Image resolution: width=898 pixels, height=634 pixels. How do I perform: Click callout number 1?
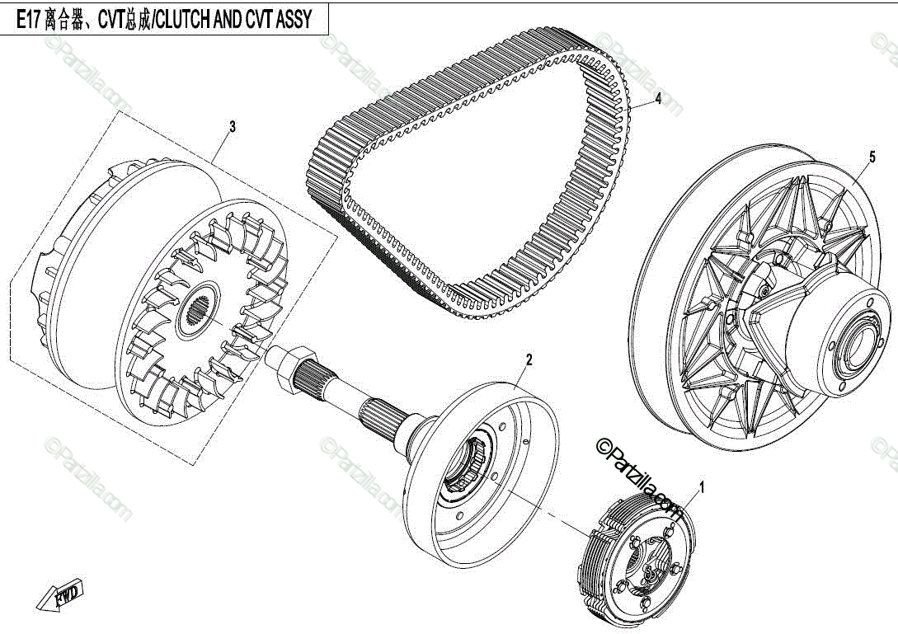702,487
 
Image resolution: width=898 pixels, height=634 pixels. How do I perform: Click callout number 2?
529,359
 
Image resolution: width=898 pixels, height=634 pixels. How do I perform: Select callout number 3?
233,127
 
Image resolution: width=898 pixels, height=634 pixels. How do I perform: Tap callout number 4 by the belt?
658,100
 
